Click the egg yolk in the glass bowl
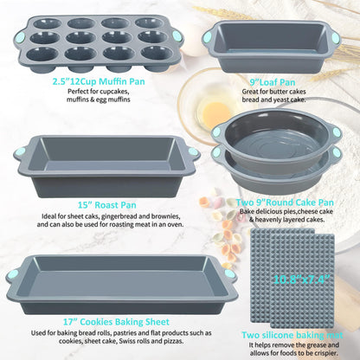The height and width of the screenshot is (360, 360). point(216,112)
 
